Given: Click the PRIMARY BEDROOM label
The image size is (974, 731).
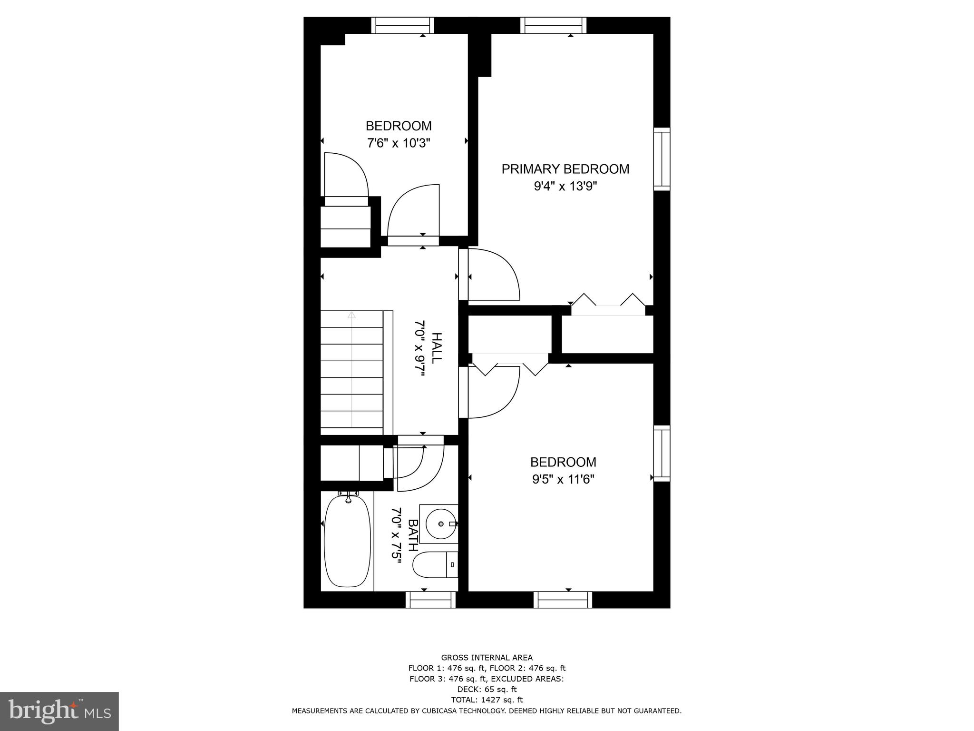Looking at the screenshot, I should (565, 169).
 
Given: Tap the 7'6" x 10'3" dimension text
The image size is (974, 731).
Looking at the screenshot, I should (399, 143).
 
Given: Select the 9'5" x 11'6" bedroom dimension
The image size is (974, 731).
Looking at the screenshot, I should (563, 479).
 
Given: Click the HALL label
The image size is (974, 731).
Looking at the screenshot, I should (436, 348).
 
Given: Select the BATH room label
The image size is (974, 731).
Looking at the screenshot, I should (413, 535).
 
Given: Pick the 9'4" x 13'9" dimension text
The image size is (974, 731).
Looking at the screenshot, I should (565, 186).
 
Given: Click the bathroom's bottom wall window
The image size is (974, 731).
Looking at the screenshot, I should (430, 600).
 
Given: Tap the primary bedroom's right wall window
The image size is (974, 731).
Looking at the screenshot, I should (662, 159).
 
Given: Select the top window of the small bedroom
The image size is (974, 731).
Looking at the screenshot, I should (402, 25).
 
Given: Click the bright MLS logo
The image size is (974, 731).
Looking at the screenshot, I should (59, 711).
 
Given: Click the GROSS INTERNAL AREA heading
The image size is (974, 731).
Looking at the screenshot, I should (487, 658).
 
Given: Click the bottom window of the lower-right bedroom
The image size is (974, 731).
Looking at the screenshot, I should (563, 600).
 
